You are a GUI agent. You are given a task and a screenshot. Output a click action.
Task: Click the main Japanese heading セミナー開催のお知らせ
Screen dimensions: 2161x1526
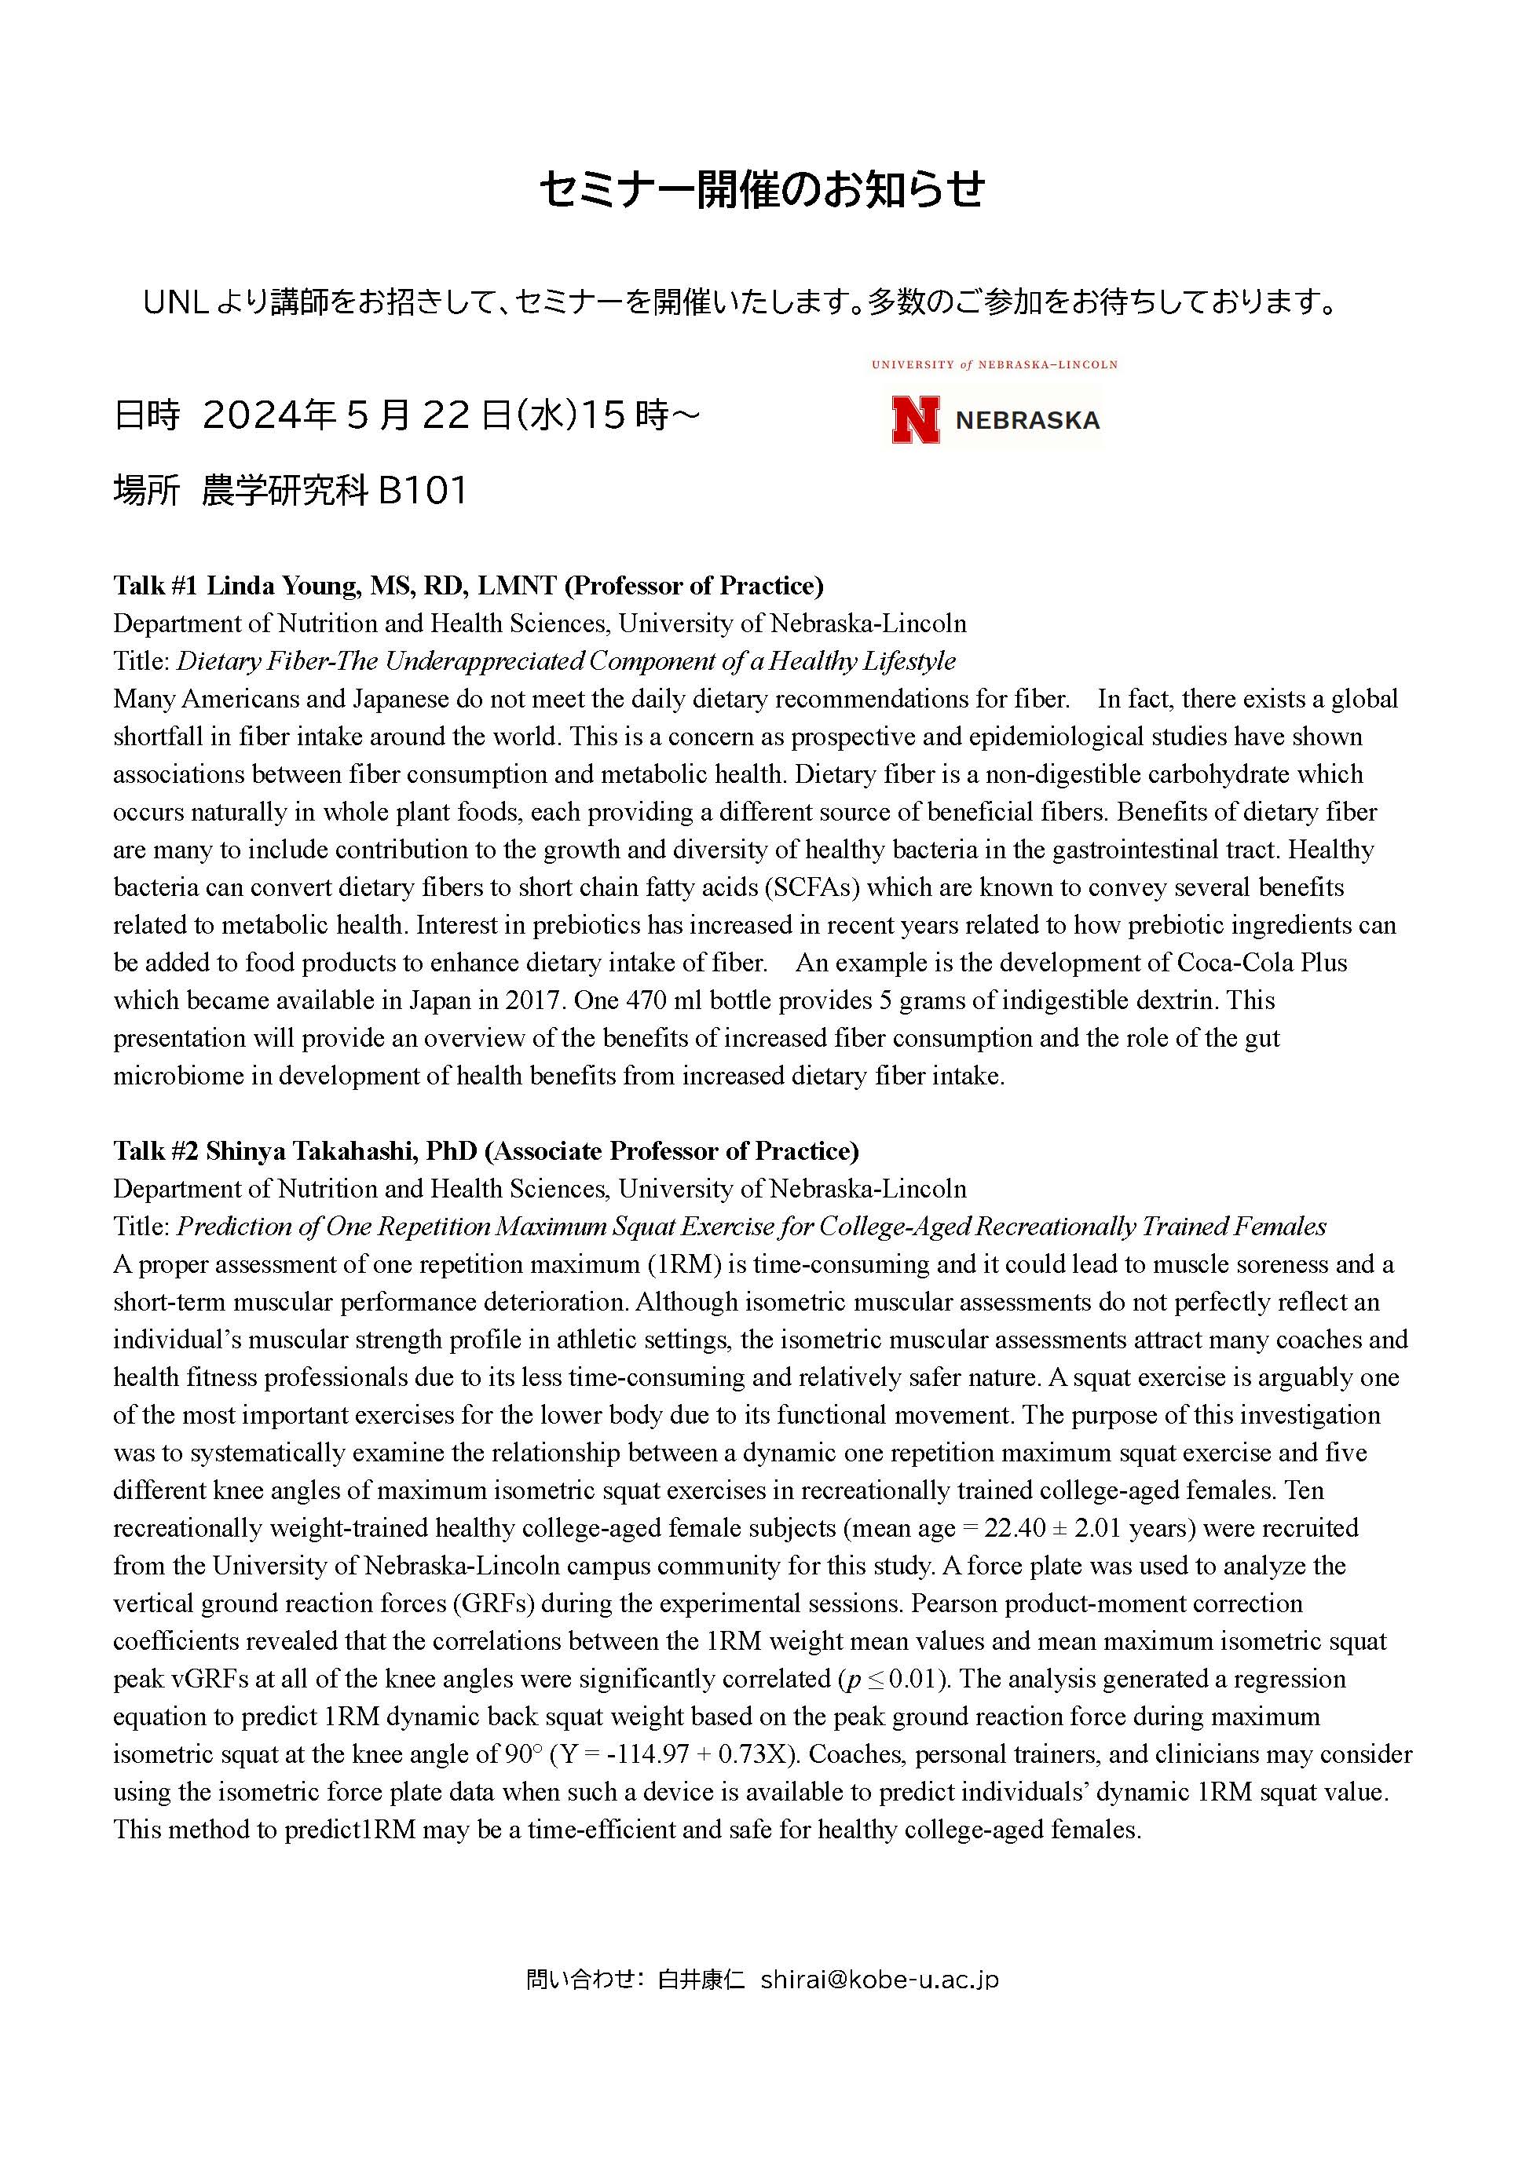[x=763, y=189]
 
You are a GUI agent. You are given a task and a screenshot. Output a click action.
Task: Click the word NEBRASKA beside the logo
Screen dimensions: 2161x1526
[x=1027, y=420]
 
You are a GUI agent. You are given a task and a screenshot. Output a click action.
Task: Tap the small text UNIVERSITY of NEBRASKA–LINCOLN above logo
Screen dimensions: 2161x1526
[x=994, y=364]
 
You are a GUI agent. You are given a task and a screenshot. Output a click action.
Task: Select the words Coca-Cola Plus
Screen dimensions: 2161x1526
[x=1261, y=963]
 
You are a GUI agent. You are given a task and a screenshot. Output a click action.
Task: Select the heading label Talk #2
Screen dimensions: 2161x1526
[x=156, y=1151]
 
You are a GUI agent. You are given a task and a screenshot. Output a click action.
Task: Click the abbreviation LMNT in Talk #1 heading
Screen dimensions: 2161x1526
[x=517, y=586]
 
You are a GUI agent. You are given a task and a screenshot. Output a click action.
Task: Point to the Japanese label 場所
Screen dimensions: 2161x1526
[x=146, y=490]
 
